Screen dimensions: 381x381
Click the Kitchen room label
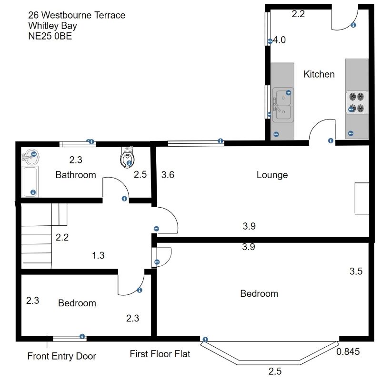(x=319, y=74)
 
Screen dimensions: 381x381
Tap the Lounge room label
(x=272, y=175)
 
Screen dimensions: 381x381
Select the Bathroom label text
(x=76, y=175)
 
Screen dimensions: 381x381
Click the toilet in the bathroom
(x=127, y=158)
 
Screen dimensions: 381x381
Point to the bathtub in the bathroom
(x=30, y=181)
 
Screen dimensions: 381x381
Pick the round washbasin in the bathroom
(x=30, y=157)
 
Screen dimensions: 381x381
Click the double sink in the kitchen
(x=283, y=105)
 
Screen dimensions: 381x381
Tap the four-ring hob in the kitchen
(x=356, y=102)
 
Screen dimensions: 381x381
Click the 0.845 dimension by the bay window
(x=348, y=351)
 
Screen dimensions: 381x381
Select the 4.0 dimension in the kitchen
(x=279, y=40)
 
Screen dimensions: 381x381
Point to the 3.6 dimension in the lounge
(x=168, y=175)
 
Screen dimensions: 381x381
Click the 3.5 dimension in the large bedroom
(x=356, y=271)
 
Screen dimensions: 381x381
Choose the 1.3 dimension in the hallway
(x=98, y=255)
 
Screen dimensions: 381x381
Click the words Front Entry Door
(x=62, y=356)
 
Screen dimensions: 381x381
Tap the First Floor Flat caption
(x=160, y=354)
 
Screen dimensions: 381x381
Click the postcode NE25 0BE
(x=50, y=36)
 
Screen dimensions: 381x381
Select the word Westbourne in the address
(x=66, y=15)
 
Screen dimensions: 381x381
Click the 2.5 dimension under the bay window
(x=275, y=371)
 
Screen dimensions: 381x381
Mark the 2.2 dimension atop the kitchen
(x=298, y=14)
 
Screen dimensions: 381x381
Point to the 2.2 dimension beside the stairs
(x=62, y=237)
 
